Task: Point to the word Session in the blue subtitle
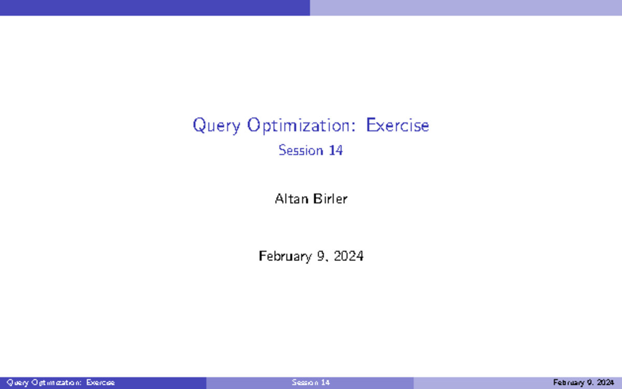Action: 301,150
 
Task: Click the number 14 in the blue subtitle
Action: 335,150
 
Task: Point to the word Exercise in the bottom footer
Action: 101,383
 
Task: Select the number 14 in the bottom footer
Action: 325,383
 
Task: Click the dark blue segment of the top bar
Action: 155,7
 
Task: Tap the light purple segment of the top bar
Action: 466,7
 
